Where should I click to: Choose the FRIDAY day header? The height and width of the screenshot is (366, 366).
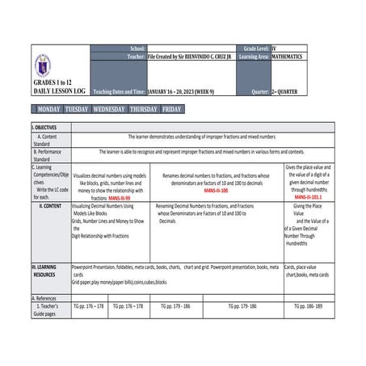click(x=171, y=109)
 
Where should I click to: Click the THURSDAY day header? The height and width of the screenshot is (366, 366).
click(x=143, y=109)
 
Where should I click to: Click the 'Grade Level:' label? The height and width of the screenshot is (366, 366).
click(x=251, y=48)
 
